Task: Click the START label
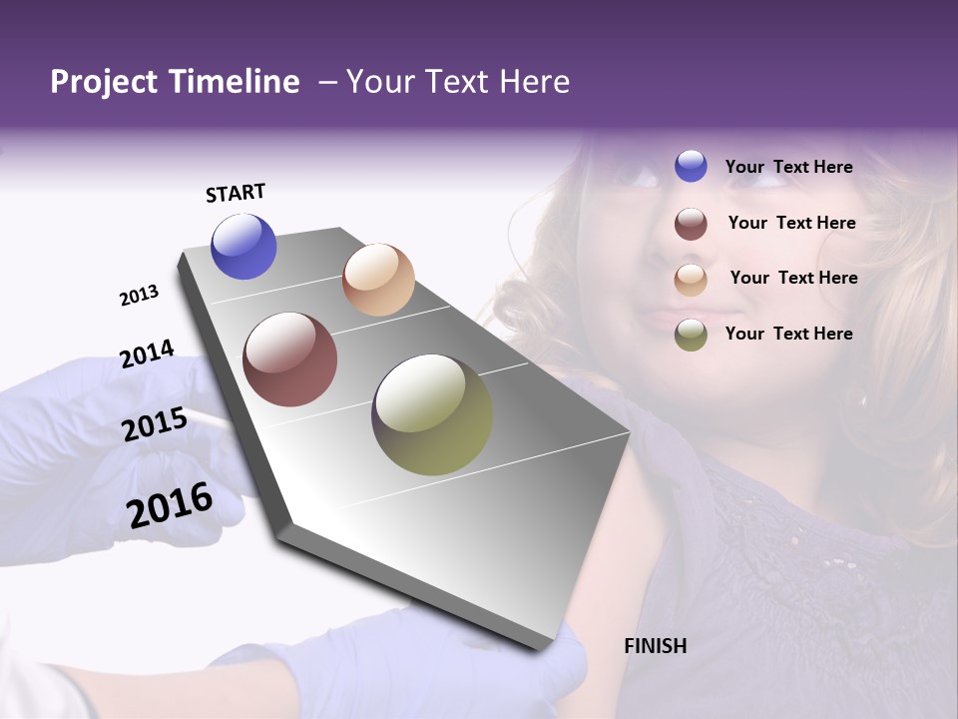point(236,193)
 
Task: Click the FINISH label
point(655,646)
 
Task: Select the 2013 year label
point(139,296)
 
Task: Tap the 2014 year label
point(147,354)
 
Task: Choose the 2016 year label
point(170,505)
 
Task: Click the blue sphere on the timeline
point(243,246)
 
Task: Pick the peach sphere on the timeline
point(378,280)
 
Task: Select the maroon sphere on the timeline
point(290,359)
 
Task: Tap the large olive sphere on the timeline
point(432,414)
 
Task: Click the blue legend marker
point(691,167)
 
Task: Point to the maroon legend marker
point(691,224)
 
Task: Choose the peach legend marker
point(691,279)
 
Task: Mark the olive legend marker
point(691,335)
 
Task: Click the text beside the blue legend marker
point(788,167)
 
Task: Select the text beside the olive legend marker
point(788,334)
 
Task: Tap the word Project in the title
point(103,82)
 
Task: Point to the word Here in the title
point(534,82)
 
